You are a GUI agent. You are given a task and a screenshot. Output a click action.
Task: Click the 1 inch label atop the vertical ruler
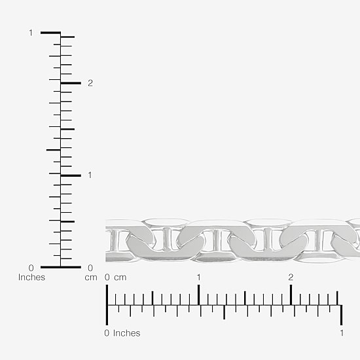(31, 33)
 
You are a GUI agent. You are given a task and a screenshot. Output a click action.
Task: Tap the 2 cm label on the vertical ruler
(90, 83)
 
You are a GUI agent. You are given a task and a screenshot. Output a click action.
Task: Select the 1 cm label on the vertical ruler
(90, 175)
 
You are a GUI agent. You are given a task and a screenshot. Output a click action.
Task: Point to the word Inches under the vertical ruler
(31, 277)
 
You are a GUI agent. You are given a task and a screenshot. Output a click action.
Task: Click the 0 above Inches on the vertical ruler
(31, 268)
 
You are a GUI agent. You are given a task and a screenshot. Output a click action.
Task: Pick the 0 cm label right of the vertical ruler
(90, 268)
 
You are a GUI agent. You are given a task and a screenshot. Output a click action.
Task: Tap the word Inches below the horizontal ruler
(126, 333)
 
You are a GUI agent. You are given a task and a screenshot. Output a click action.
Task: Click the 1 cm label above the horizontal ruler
(198, 278)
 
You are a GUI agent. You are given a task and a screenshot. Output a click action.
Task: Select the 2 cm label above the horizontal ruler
(291, 278)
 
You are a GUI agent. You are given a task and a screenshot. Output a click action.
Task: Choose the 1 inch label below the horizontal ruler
(342, 333)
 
